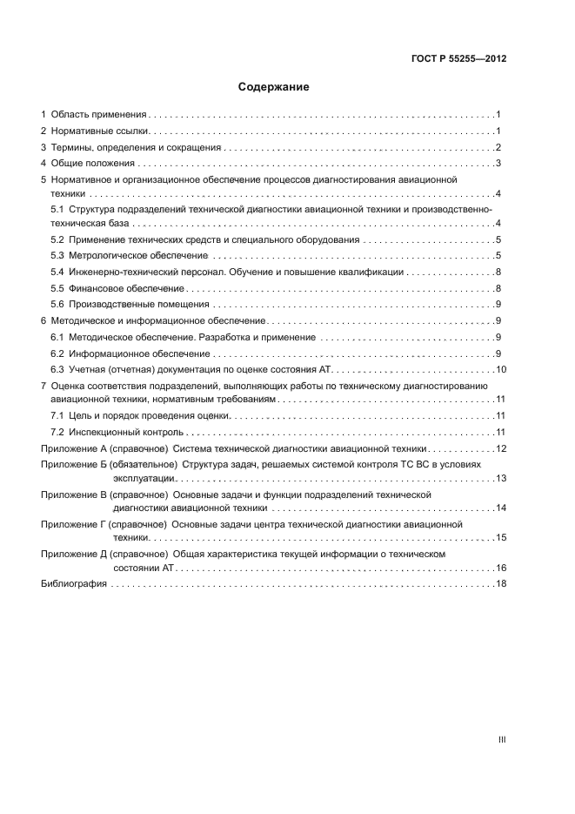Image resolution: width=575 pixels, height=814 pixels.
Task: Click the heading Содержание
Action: point(273,87)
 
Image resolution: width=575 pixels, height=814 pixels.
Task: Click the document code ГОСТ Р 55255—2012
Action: point(458,59)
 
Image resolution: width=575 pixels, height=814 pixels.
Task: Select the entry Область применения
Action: point(99,114)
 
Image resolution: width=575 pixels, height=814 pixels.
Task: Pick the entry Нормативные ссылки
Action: point(101,131)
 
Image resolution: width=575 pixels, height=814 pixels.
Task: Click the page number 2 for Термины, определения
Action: point(498,147)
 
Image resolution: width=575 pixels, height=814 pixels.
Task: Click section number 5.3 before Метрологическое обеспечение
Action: point(57,255)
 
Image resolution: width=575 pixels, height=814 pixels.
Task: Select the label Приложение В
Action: point(73,494)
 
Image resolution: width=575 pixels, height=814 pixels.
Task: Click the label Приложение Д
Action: point(73,554)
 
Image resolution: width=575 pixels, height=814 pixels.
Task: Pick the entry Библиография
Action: point(74,583)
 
